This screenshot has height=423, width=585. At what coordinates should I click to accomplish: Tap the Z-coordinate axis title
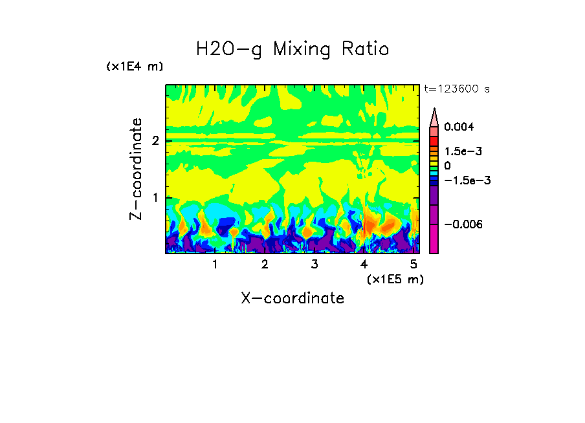click(136, 169)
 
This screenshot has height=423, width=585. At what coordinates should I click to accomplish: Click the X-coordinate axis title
click(292, 298)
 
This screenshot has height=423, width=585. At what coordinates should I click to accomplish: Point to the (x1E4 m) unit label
click(135, 67)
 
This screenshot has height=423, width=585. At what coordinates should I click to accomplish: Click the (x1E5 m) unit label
click(395, 279)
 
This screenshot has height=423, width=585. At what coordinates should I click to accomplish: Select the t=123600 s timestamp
click(456, 89)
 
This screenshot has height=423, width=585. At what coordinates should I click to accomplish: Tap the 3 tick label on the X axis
click(315, 265)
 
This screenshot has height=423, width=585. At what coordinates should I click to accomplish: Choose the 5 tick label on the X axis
click(414, 265)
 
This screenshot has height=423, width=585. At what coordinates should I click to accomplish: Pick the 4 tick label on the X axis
click(364, 265)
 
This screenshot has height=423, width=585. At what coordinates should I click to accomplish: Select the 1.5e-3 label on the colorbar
click(459, 151)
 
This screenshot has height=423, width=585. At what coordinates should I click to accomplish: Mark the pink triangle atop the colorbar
click(434, 116)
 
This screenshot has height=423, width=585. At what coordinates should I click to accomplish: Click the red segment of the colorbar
click(434, 140)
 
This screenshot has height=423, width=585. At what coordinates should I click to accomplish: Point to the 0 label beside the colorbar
click(447, 166)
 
